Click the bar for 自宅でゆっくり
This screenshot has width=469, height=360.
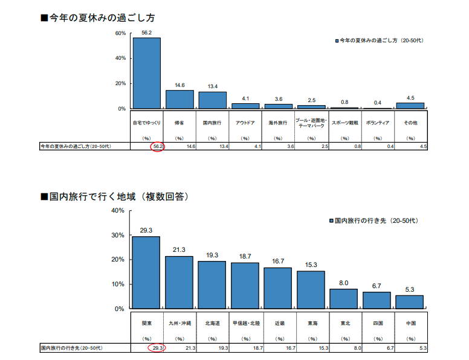pos(147,72)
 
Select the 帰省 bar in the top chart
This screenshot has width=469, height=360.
pos(180,99)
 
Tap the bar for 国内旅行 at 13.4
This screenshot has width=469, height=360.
pos(212,100)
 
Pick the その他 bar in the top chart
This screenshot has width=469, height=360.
pos(410,105)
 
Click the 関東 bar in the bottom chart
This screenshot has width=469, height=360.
pos(146,272)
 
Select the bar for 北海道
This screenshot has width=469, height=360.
pos(212,284)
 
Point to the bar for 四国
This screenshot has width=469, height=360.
pos(377,300)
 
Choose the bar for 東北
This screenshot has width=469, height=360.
pos(344,298)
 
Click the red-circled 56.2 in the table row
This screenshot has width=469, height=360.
pos(157,146)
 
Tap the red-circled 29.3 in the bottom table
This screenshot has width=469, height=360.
pos(157,348)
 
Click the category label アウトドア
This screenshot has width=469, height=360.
pos(245,123)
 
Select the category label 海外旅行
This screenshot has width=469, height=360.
pos(278,123)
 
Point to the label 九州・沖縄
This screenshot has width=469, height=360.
pos(180,323)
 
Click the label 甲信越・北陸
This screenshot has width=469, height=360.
pos(245,323)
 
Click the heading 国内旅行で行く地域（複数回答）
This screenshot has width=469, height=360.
pos(114,196)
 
